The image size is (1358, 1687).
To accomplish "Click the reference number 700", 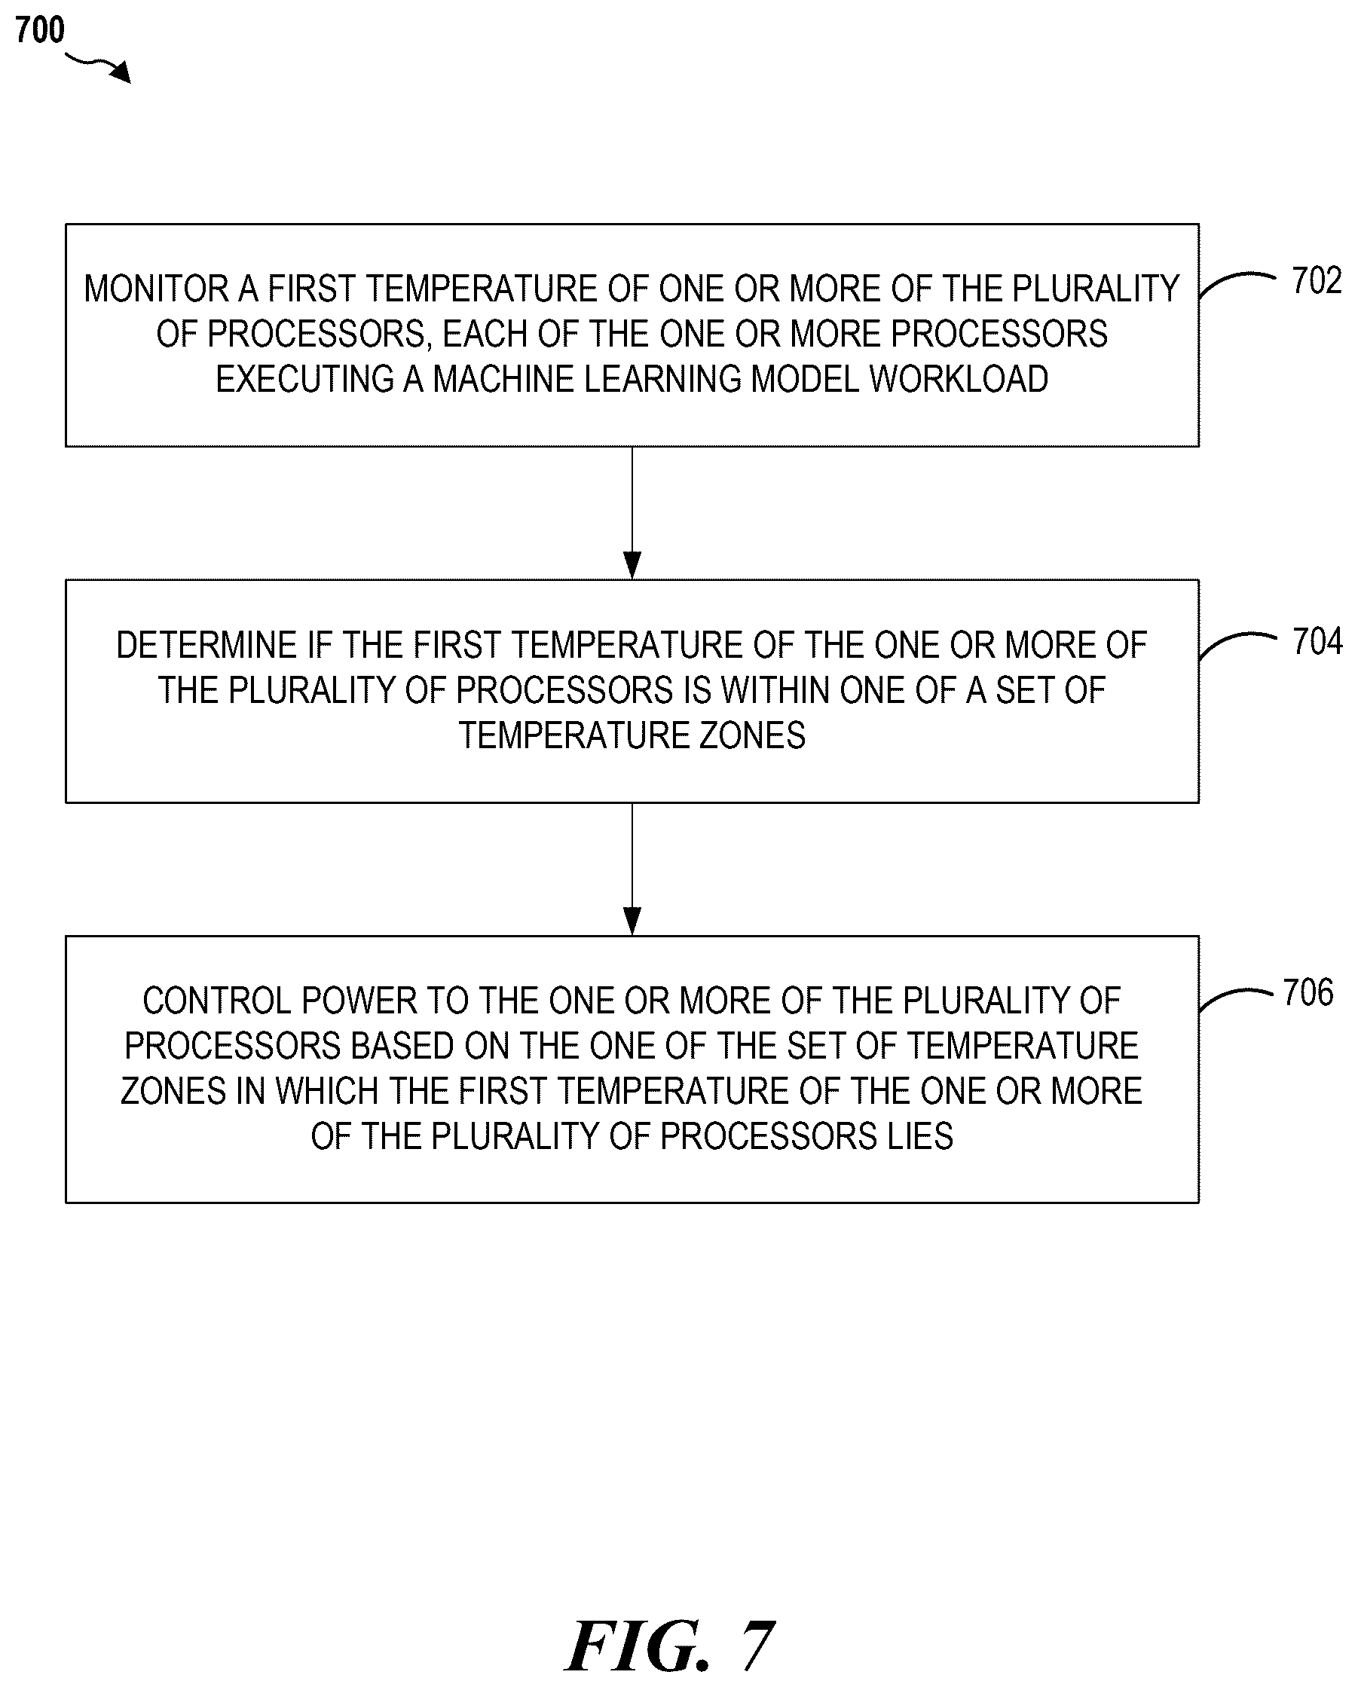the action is (x=40, y=31).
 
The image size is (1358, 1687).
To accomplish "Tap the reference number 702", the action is (x=1317, y=281).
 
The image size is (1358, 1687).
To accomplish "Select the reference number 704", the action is (x=1318, y=642).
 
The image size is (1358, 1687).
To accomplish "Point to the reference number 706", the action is (x=1309, y=992).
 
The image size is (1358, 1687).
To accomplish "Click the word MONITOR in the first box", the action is (x=156, y=289).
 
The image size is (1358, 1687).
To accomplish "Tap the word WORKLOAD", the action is (x=959, y=380).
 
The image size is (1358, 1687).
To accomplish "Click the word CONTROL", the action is (x=217, y=1001).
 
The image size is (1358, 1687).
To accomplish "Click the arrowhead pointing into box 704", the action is (x=632, y=565).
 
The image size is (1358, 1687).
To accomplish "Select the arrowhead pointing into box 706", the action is (x=632, y=921).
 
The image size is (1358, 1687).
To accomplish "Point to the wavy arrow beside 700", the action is (x=97, y=66).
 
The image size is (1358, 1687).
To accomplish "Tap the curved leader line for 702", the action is (x=1237, y=282).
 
